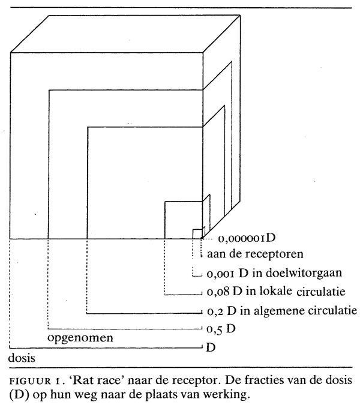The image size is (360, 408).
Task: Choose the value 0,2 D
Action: pyautogui.click(x=224, y=312)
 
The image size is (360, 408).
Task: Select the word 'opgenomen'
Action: pyautogui.click(x=81, y=338)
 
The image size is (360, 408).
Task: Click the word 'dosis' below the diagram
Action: pyautogui.click(x=23, y=358)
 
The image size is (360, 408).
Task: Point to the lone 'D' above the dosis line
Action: pyautogui.click(x=211, y=347)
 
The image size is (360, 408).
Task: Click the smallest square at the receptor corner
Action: pyautogui.click(x=197, y=233)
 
